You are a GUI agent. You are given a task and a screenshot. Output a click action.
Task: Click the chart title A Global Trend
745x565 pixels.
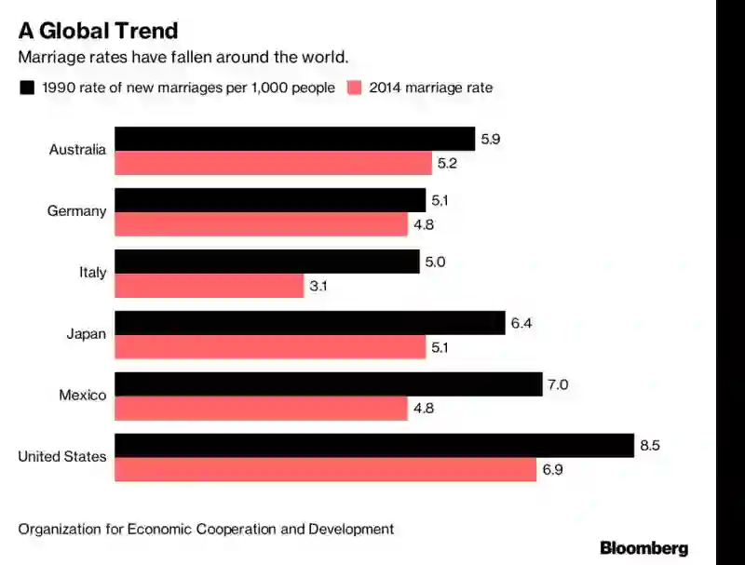pos(98,31)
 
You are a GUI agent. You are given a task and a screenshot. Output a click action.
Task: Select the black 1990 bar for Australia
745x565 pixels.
pos(294,139)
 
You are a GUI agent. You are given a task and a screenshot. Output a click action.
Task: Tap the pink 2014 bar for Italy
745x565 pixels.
pos(210,286)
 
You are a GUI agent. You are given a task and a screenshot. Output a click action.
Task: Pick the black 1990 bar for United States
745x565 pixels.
pos(374,445)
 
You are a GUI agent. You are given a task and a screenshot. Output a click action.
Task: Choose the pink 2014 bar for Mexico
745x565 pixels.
pos(261,408)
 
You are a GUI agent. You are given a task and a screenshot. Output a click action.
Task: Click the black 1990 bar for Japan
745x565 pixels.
pos(309,323)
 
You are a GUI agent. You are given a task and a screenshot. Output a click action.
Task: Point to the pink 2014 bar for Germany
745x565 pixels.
pos(261,224)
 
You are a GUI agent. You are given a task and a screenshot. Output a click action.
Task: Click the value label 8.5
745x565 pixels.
pos(649,446)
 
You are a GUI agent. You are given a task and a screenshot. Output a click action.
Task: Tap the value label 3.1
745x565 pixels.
pos(318,286)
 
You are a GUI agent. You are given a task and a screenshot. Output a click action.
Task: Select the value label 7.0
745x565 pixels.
pos(557,384)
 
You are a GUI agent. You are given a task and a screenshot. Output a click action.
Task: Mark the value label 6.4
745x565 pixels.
pos(520,323)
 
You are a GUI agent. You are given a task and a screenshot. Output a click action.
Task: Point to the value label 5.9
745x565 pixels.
pos(490,140)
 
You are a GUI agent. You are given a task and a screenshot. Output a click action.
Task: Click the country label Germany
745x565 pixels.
pos(76,211)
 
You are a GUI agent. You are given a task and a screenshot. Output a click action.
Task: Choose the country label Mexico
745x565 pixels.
pos(82,396)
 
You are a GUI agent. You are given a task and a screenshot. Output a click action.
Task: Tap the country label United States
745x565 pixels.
pos(62,457)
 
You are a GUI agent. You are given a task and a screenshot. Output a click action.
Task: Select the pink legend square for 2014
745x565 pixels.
pos(354,88)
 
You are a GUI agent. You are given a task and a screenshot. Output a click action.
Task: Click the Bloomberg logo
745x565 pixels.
pos(643,547)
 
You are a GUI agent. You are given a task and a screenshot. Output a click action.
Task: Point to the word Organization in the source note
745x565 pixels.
pos(59,529)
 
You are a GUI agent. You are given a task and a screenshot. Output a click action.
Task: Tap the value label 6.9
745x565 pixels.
pos(552,470)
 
